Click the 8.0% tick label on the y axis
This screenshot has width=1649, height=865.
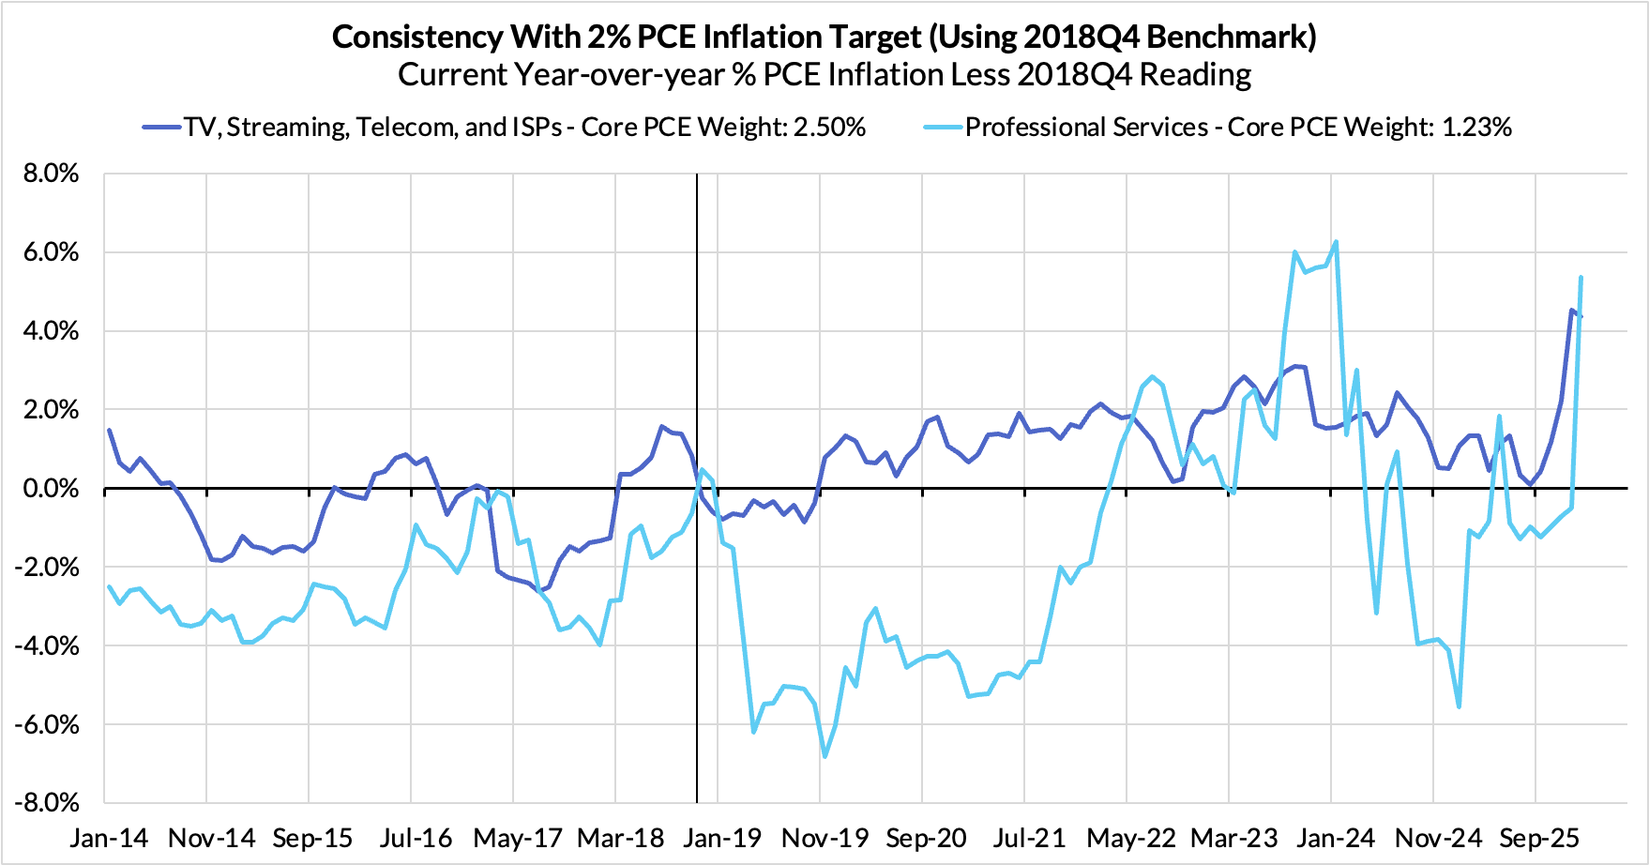pyautogui.click(x=53, y=175)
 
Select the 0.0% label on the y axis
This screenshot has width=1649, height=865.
pyautogui.click(x=53, y=489)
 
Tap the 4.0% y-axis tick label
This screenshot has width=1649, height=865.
pyautogui.click(x=53, y=332)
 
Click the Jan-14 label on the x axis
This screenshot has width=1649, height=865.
pyautogui.click(x=109, y=838)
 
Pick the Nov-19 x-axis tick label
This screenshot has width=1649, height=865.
pyautogui.click(x=824, y=838)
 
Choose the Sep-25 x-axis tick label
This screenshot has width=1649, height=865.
pyautogui.click(x=1540, y=838)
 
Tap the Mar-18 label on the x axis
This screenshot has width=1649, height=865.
pyautogui.click(x=620, y=838)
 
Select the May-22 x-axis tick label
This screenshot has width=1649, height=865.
pyautogui.click(x=1131, y=838)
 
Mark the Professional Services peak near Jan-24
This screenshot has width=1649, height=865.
pyautogui.click(x=1336, y=242)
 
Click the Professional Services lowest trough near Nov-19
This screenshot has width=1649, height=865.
pyautogui.click(x=824, y=756)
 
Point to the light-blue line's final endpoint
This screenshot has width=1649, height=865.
pyautogui.click(x=1581, y=278)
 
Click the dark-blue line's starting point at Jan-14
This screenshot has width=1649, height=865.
pyautogui.click(x=110, y=431)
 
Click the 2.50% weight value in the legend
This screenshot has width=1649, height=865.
pyautogui.click(x=829, y=128)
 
